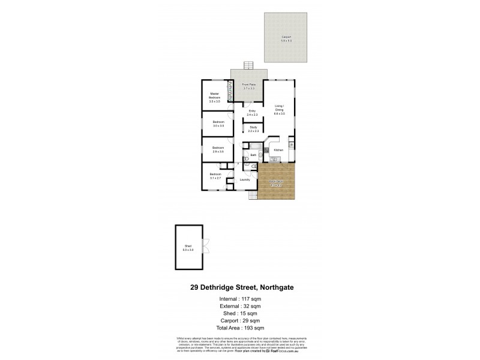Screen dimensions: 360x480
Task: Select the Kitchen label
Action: coord(278,150)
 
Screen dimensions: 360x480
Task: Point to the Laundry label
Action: coord(245,179)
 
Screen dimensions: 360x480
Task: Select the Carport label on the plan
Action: coord(286,37)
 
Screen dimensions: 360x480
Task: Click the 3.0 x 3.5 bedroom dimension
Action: coord(218,126)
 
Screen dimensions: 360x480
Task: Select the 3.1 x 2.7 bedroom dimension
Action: coord(215,178)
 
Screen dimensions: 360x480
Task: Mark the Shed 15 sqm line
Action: coord(239,313)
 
